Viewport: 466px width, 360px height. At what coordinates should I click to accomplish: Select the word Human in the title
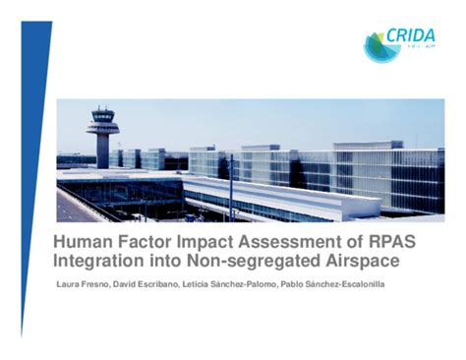coord(85,241)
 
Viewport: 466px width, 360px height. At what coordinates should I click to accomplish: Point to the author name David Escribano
coord(145,284)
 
